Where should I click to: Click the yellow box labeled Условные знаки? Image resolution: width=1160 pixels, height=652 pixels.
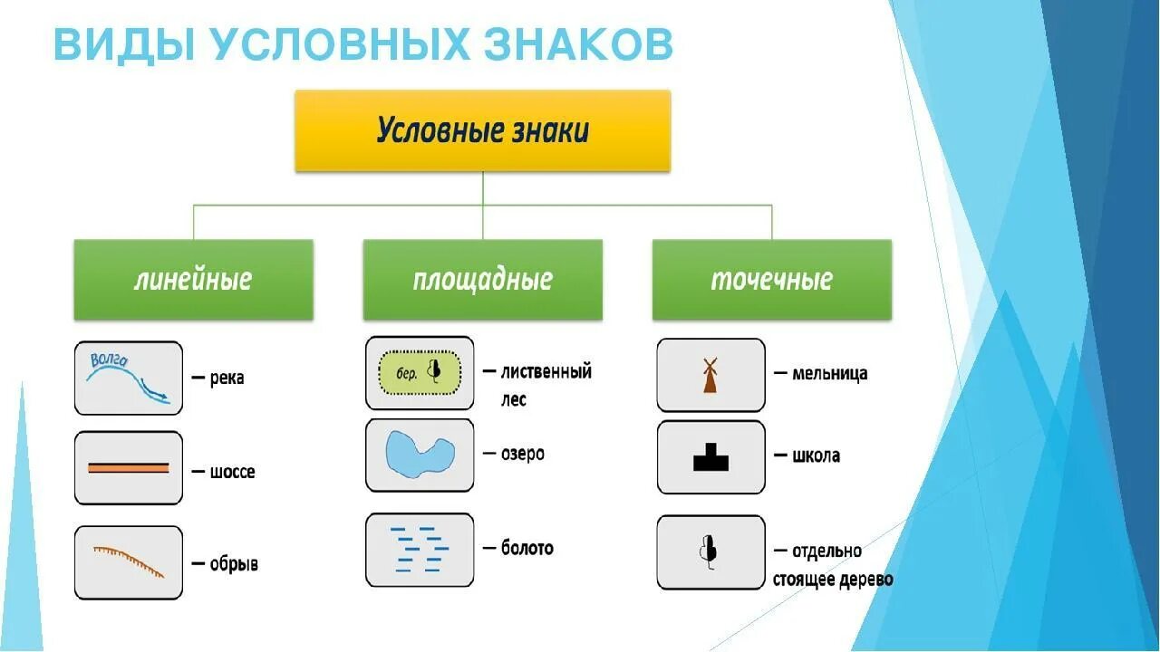coord(482,131)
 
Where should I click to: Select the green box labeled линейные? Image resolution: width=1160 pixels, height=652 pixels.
coord(193,279)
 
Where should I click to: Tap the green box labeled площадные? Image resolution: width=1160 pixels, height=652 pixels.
coord(482,279)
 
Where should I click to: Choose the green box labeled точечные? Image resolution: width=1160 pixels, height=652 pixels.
coord(771,279)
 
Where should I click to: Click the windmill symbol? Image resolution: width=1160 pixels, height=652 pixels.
coord(710,375)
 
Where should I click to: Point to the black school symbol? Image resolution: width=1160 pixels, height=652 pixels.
coord(711,457)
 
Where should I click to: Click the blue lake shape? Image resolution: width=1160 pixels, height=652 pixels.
coord(420,455)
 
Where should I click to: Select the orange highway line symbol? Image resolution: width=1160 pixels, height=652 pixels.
coord(128,468)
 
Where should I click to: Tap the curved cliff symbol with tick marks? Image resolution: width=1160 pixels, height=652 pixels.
coord(129,561)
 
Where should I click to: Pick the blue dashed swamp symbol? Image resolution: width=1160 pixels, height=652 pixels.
coord(419,548)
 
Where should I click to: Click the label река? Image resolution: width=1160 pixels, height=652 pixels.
coord(227,379)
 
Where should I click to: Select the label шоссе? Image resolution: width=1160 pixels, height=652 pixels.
coord(233,472)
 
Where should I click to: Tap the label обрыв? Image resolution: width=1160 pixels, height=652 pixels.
coord(234,563)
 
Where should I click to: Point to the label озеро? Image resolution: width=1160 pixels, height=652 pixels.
coord(523,454)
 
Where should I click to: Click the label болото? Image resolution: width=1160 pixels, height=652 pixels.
coord(527,548)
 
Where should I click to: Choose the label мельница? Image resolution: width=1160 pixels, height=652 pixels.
coord(829,373)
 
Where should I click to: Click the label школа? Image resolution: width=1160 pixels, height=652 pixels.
coord(816,455)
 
